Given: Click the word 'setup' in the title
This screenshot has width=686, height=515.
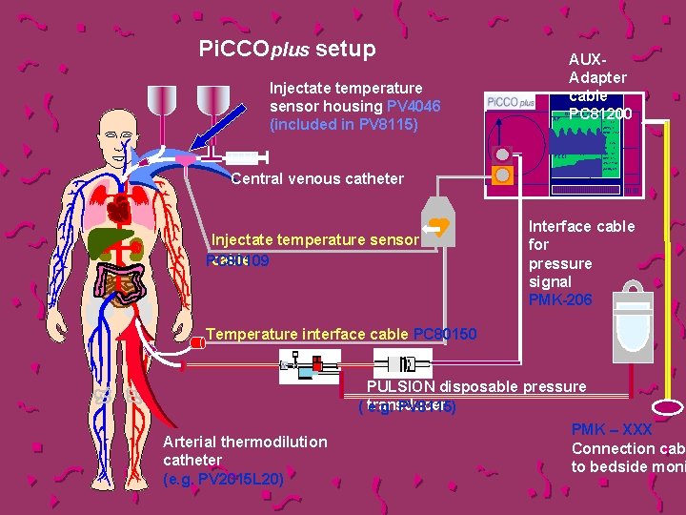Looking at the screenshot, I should click(x=345, y=48).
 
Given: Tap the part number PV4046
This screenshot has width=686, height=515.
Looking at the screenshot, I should click(x=414, y=106).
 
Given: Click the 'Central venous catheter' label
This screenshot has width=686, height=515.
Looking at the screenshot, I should click(x=318, y=178).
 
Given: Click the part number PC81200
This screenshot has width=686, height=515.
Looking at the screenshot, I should click(x=599, y=114).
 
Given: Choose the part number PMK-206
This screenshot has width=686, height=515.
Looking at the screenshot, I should click(x=560, y=300).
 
